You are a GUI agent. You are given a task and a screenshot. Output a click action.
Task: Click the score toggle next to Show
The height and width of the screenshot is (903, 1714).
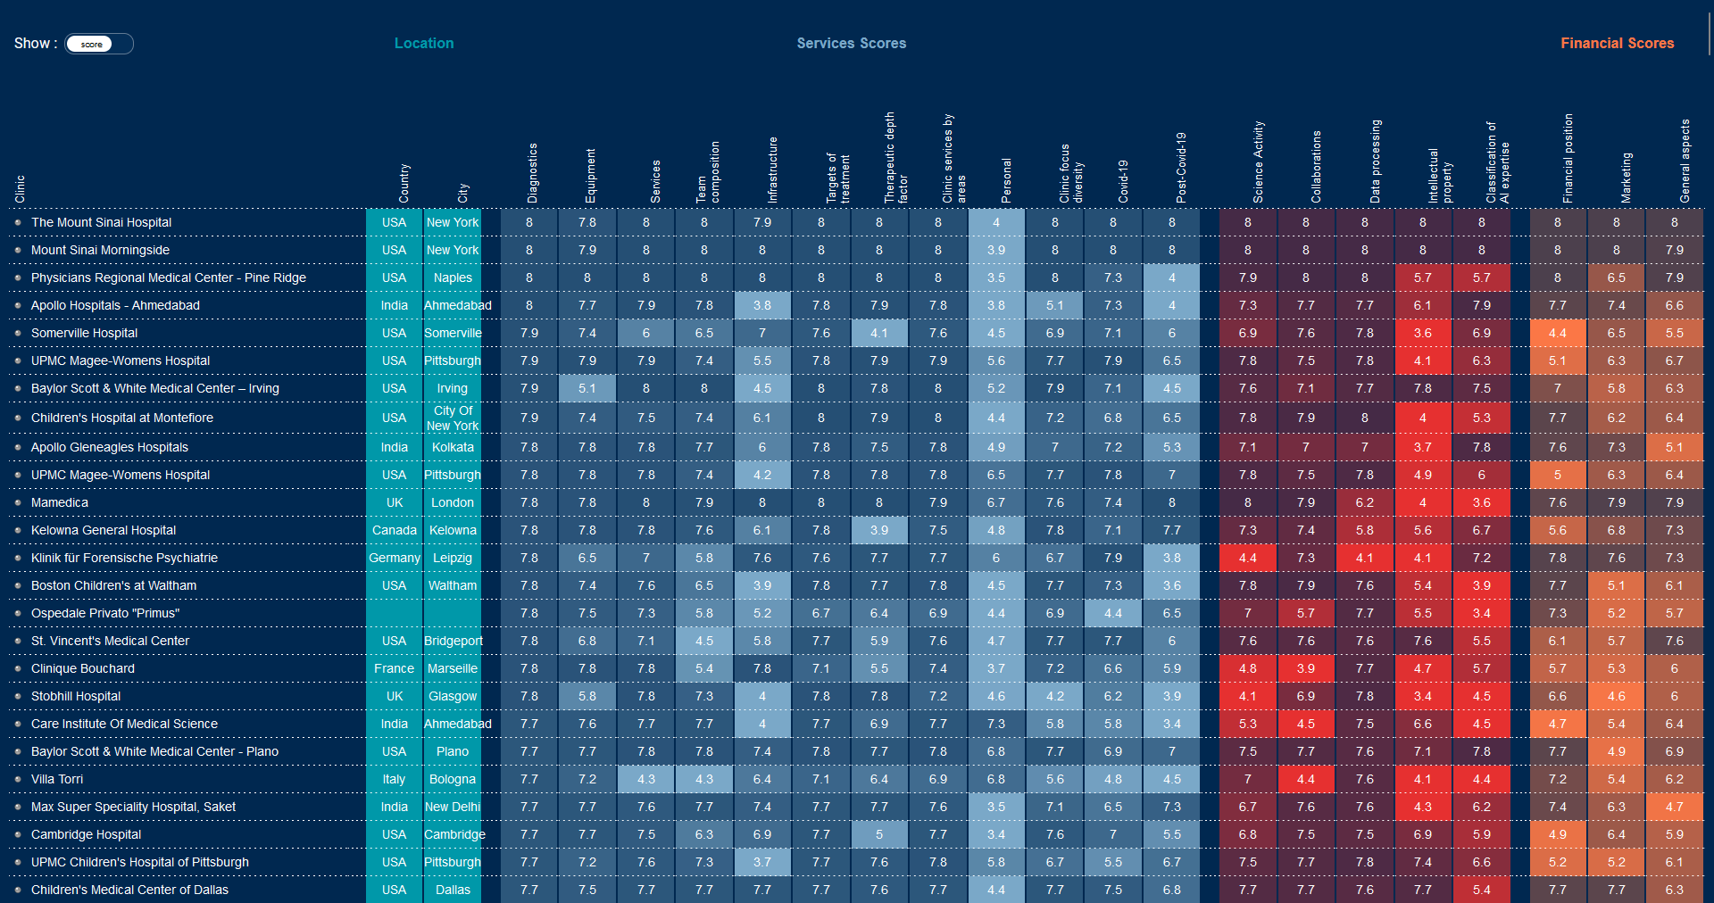98,44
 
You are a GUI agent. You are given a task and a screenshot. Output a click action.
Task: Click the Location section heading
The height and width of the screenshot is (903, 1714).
424,43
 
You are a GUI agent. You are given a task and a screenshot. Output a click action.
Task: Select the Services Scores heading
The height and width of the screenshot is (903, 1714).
851,43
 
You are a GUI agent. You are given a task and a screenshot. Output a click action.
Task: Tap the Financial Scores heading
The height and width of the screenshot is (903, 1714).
1617,43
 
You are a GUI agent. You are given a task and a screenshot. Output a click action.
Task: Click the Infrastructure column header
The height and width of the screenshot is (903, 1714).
773,170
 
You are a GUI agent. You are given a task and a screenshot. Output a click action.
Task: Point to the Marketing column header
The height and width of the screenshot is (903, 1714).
1627,177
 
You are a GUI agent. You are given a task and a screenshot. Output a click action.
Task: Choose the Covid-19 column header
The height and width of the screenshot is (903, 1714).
1123,180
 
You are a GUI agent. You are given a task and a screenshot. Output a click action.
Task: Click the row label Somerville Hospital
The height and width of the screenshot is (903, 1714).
84,333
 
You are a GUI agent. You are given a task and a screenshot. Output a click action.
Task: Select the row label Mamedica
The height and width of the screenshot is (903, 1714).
60,502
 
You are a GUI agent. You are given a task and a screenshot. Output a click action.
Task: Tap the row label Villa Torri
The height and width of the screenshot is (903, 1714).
57,779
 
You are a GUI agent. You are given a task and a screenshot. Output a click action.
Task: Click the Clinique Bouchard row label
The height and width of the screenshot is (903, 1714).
83,668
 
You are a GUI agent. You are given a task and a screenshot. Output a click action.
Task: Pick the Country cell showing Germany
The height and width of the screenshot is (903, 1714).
395,558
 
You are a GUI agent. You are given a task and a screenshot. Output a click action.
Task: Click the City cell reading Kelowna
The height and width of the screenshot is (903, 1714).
453,530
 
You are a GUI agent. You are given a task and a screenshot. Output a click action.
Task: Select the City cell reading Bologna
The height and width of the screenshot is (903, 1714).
453,779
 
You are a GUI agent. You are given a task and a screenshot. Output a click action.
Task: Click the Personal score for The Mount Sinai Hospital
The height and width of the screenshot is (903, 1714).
996,222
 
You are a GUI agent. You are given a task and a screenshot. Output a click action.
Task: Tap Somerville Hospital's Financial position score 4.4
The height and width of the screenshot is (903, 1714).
1558,333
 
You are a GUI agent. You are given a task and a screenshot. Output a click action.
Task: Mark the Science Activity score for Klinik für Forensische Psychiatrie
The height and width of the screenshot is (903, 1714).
1248,558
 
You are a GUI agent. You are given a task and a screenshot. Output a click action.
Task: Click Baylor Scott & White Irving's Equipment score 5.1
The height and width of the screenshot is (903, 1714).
587,388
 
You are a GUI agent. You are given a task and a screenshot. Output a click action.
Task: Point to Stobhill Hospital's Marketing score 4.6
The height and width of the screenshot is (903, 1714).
1616,696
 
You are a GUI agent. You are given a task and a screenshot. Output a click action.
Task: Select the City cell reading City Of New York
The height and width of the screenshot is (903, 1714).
453,418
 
